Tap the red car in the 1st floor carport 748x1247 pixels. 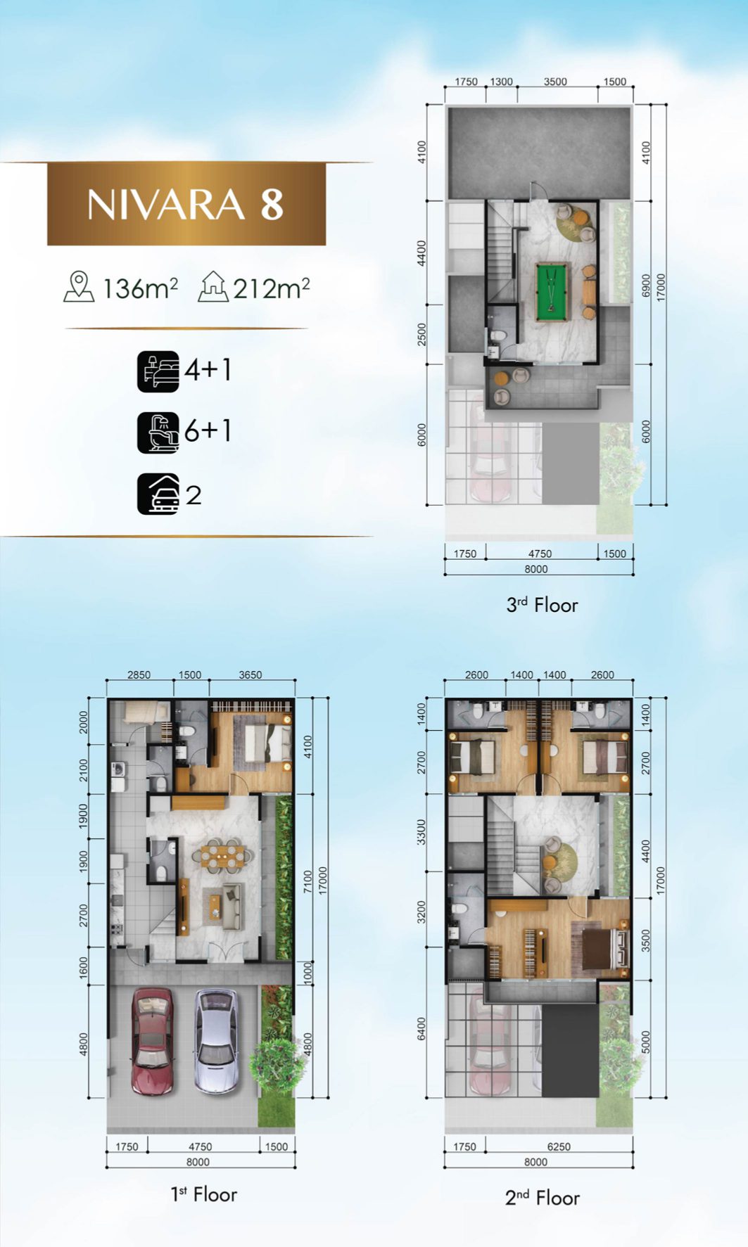[152, 1040]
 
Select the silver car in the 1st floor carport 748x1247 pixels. [216, 1040]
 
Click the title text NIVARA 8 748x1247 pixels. [186, 204]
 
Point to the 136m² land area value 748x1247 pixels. [140, 288]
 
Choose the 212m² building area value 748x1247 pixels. [272, 288]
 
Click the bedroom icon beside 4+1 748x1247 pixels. [158, 371]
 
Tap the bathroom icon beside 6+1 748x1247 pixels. [158, 433]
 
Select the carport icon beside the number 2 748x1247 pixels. [158, 494]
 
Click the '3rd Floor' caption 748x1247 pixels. [542, 605]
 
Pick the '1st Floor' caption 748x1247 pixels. [204, 1194]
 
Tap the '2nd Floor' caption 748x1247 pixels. [542, 1198]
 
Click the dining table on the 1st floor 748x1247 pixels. [224, 854]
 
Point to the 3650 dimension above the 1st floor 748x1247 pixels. [250, 674]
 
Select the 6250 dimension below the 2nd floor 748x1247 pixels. [559, 1146]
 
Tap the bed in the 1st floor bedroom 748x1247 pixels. [267, 742]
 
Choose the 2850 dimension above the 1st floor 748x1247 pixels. [139, 674]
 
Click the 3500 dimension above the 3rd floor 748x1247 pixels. [555, 82]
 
